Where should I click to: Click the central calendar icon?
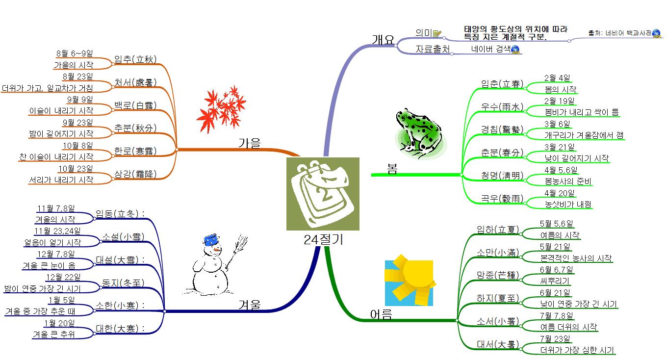tap(323, 193)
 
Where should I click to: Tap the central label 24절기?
tap(323, 239)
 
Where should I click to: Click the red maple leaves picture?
tap(221, 108)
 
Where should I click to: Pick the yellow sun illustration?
tap(410, 280)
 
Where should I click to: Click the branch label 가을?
tap(250, 143)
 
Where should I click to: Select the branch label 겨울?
tap(250, 306)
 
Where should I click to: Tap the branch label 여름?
tap(381, 314)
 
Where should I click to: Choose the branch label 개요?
tap(383, 40)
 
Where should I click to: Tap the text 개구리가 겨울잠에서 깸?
tap(584, 135)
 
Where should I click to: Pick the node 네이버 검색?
tap(490, 49)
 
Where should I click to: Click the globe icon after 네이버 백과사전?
tap(656, 33)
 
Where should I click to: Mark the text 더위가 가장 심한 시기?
tap(577, 350)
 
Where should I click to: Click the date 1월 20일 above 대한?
tap(59, 323)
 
